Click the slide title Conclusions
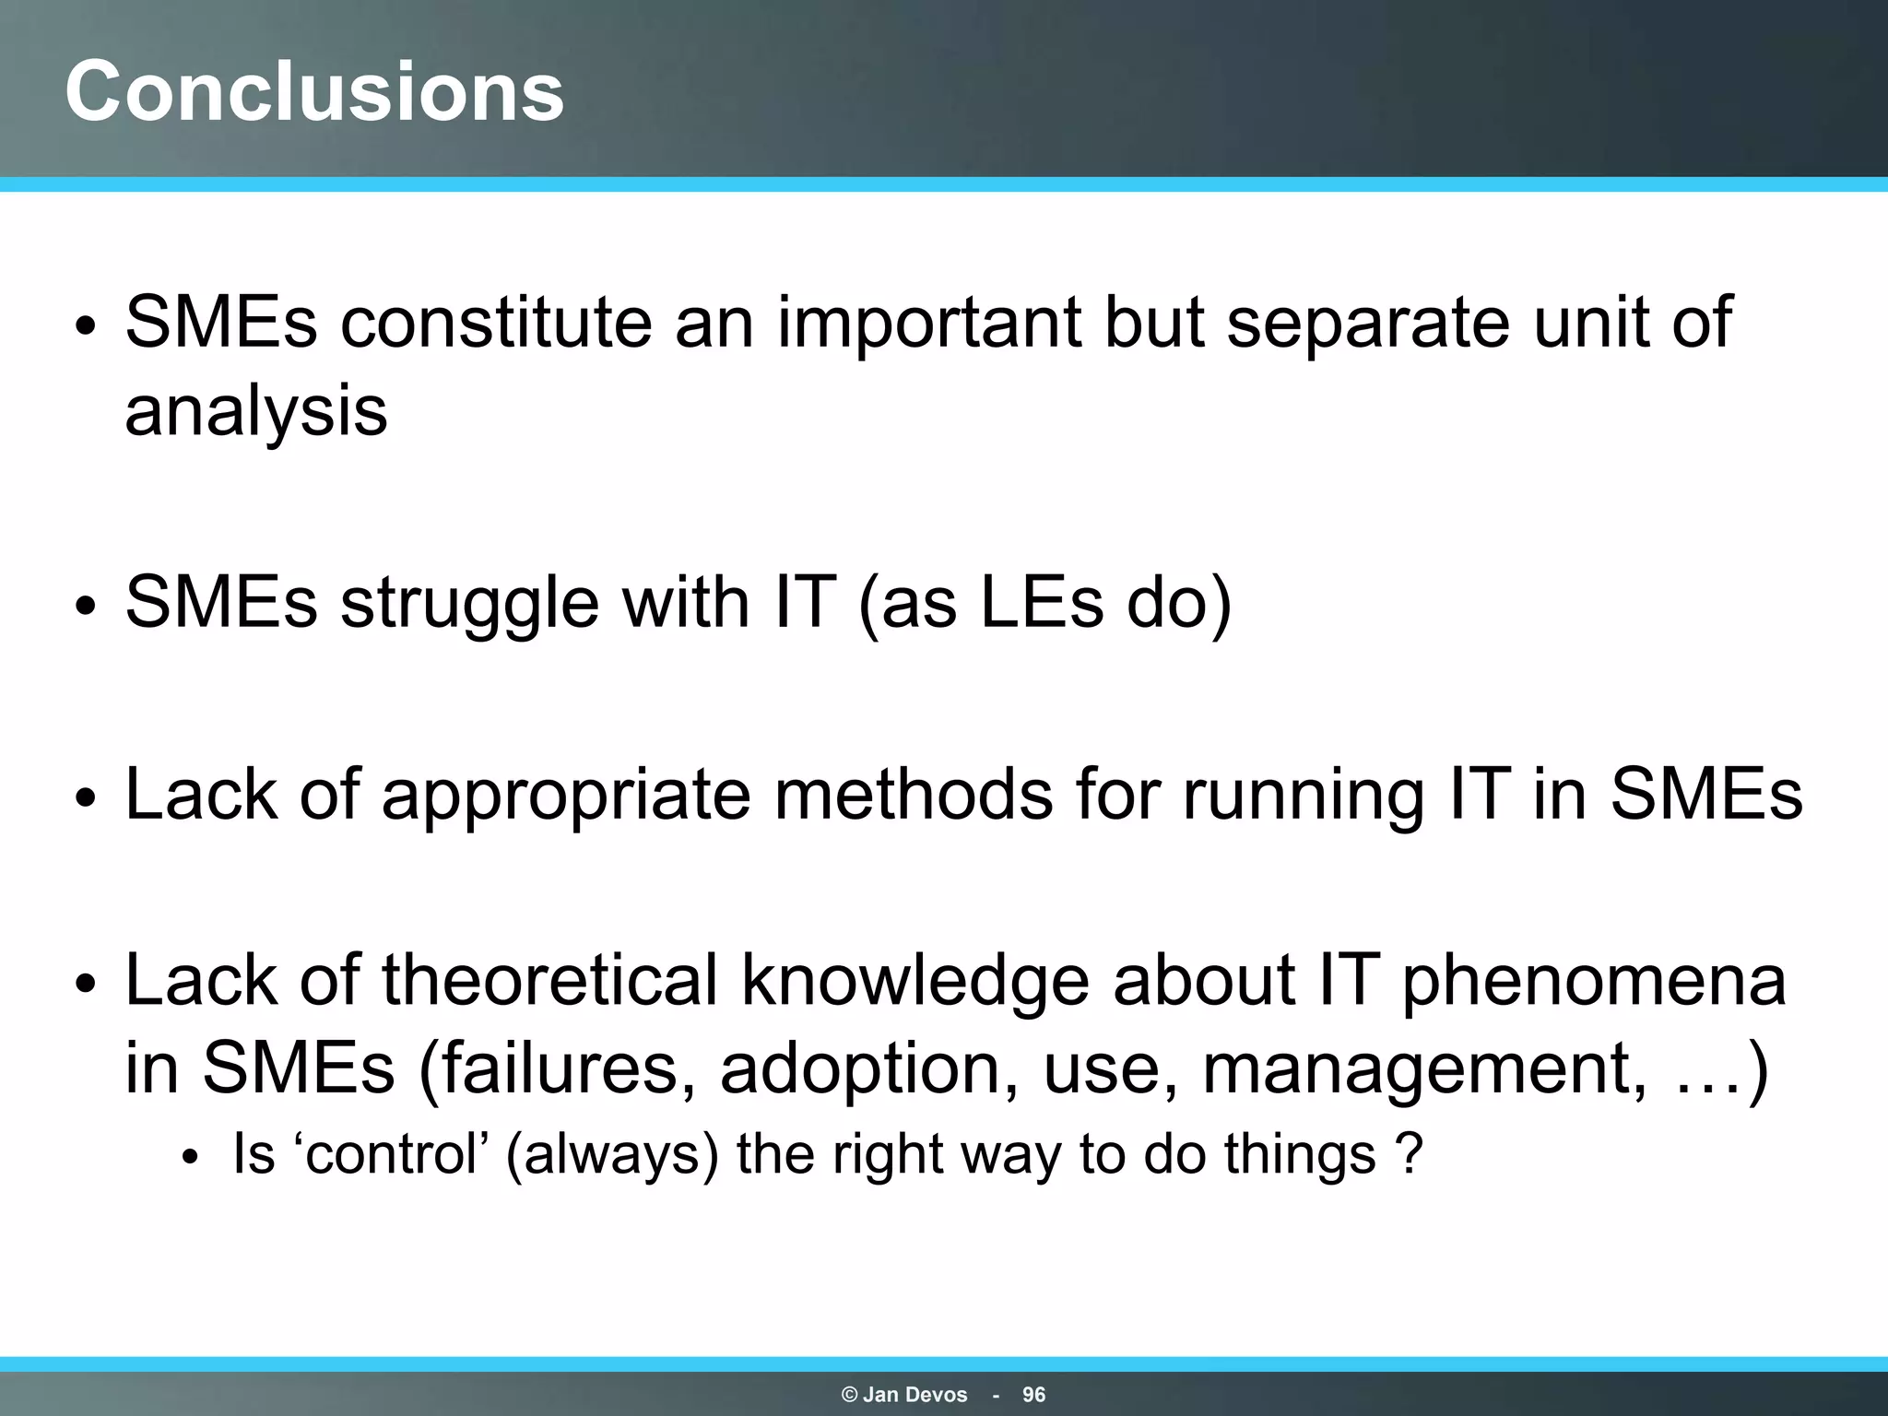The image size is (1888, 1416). point(314,90)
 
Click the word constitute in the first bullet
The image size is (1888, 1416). point(496,323)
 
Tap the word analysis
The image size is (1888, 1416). point(256,411)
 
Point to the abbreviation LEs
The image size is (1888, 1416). point(1041,602)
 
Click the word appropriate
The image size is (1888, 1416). point(566,795)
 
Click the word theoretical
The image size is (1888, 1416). point(549,979)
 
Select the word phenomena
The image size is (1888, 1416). point(1594,981)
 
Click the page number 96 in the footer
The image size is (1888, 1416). point(1033,1395)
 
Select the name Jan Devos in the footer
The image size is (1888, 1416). point(914,1395)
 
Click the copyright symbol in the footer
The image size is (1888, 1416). point(849,1395)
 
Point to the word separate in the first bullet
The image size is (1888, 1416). point(1368,323)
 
